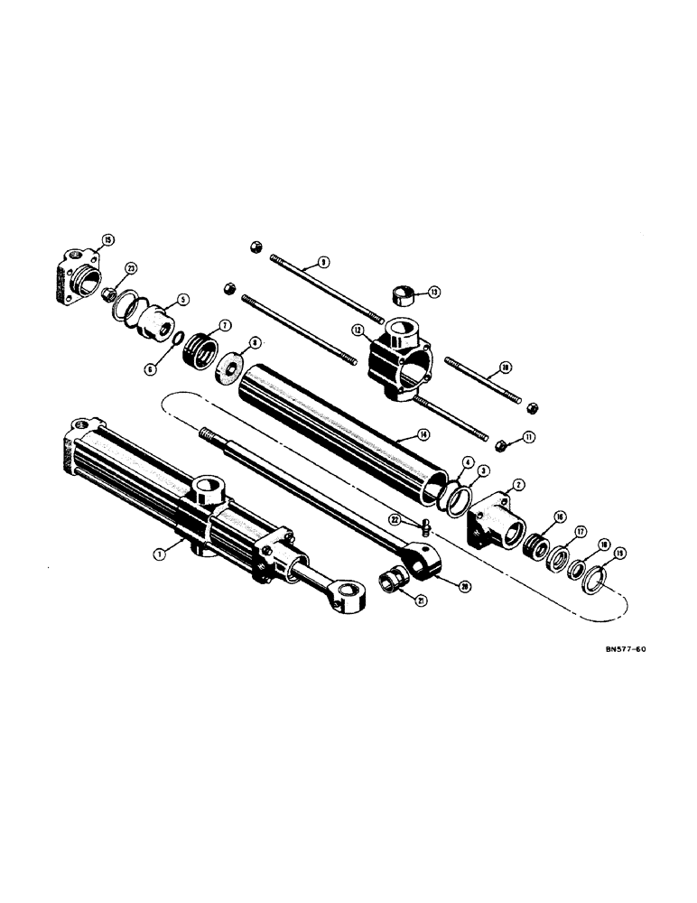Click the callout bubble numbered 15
(x=108, y=239)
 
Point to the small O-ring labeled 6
(x=178, y=340)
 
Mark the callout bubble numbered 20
(x=440, y=585)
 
